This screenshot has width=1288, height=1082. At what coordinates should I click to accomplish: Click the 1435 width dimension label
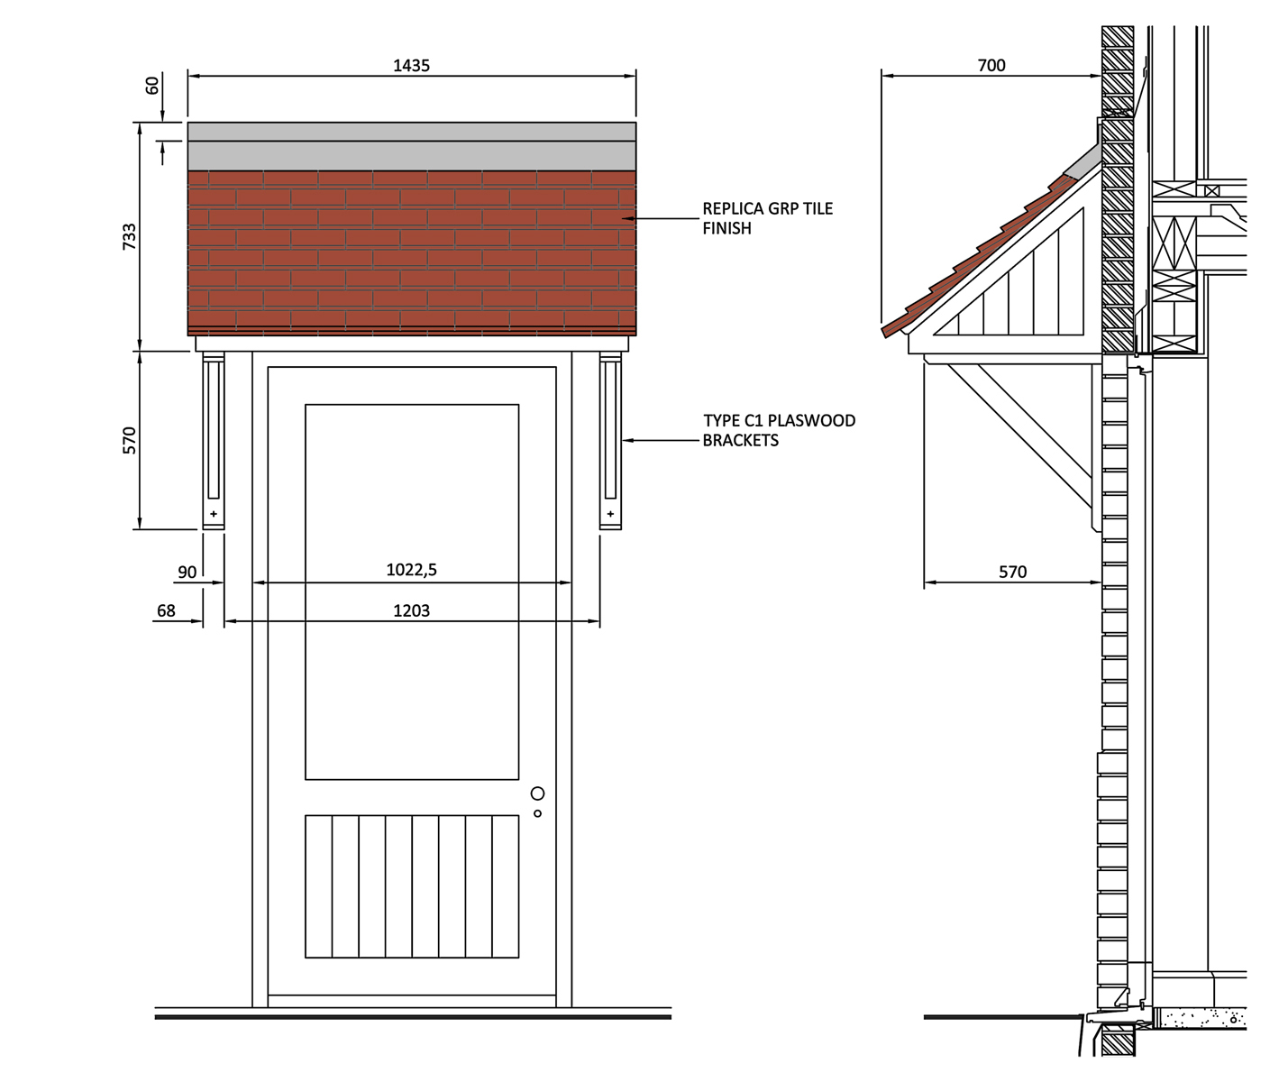click(x=411, y=66)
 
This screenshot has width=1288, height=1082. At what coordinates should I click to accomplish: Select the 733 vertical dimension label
click(x=130, y=236)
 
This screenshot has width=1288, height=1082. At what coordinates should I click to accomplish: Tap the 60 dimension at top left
click(x=152, y=86)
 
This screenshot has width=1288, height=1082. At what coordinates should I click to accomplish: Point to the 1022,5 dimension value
click(x=411, y=570)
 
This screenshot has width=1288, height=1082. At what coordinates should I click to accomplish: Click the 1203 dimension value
click(x=411, y=611)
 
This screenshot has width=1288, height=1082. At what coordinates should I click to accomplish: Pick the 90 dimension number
click(x=187, y=573)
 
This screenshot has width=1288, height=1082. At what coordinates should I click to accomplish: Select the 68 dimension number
click(x=166, y=611)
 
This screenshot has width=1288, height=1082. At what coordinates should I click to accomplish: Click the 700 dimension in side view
click(x=991, y=66)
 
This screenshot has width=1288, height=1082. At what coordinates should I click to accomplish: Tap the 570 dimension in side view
click(x=1012, y=573)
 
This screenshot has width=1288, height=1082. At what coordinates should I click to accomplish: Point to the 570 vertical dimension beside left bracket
click(x=130, y=440)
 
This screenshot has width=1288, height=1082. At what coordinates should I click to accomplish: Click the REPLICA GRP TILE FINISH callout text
click(x=767, y=218)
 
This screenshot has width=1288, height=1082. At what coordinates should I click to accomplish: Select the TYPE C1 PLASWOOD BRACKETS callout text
click(x=779, y=430)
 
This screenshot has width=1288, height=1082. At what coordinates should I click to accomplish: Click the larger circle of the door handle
click(x=537, y=793)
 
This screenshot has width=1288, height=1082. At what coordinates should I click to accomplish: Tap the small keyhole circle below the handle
click(x=537, y=813)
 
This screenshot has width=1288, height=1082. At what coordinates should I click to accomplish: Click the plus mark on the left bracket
click(x=214, y=514)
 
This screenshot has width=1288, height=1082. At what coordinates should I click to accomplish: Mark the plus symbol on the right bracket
click(x=610, y=514)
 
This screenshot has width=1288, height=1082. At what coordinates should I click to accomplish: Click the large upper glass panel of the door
click(x=412, y=591)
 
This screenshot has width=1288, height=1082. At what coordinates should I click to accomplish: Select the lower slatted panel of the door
click(x=412, y=886)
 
